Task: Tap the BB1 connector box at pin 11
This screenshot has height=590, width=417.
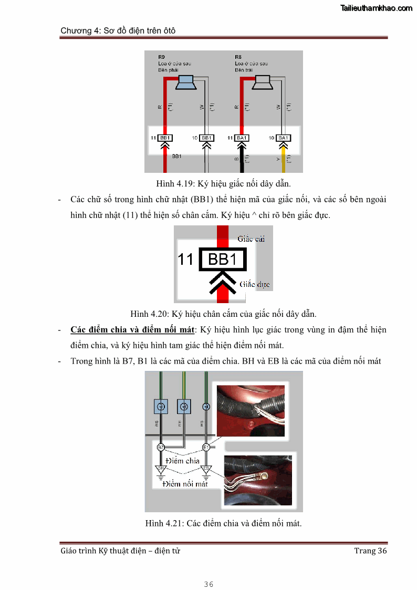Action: (165, 138)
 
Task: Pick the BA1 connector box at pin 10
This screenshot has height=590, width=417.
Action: (283, 138)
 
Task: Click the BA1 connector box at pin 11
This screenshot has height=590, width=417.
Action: (242, 138)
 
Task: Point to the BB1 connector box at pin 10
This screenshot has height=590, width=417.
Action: (207, 138)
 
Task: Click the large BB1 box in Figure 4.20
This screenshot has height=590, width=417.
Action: (223, 260)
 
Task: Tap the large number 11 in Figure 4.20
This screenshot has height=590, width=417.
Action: (186, 260)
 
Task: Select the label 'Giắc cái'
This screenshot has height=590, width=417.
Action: (251, 239)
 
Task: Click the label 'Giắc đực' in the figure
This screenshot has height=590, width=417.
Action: (255, 284)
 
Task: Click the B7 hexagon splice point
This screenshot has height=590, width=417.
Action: (161, 447)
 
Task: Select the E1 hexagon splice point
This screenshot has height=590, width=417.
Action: (206, 447)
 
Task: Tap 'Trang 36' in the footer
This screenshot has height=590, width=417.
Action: (370, 551)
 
